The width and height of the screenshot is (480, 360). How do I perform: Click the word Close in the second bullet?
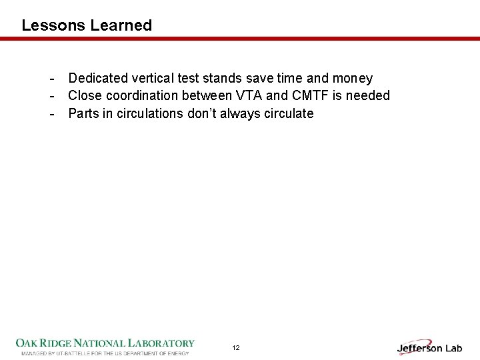click(x=85, y=96)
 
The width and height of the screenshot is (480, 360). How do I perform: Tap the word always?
click(x=241, y=113)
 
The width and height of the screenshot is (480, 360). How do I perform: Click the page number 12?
click(x=236, y=348)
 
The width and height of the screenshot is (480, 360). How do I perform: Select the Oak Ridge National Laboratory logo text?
click(x=105, y=343)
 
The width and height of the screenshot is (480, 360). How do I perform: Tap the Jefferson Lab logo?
click(x=429, y=347)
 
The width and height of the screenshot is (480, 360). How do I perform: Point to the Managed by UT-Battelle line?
click(x=105, y=353)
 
